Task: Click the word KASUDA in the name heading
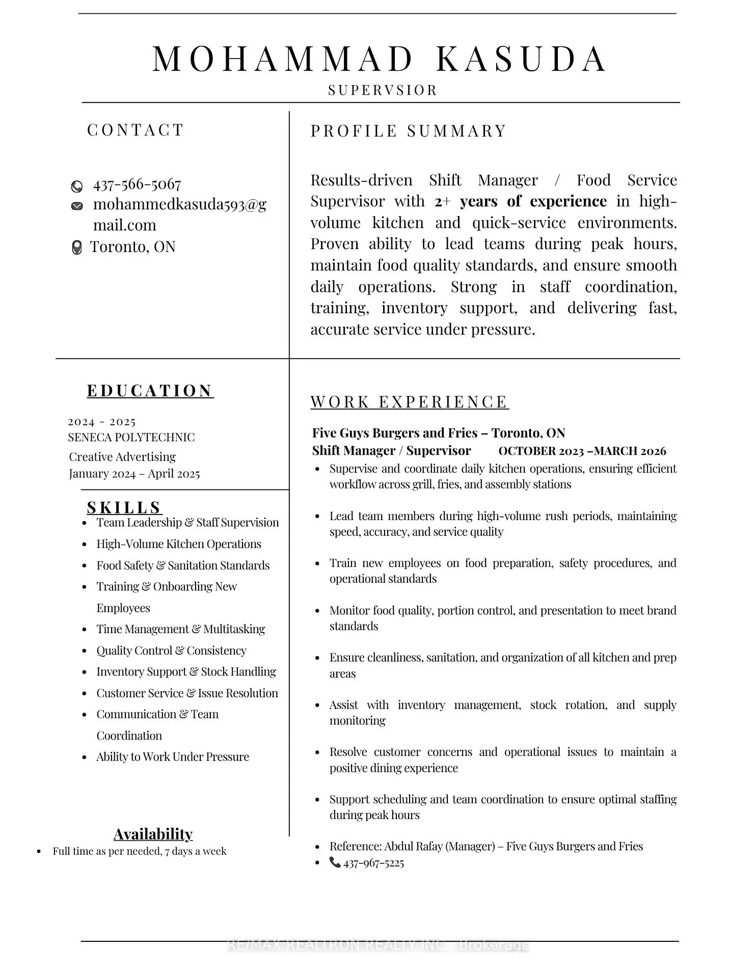pos(521,59)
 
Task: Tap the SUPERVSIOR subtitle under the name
pos(383,91)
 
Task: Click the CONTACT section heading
pos(135,130)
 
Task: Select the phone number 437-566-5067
pos(137,184)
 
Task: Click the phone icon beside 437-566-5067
pos(77,186)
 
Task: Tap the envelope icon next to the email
pos(77,206)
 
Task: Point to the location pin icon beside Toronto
pos(77,248)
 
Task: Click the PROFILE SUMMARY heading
pos(409,131)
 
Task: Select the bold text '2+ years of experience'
pos(520,201)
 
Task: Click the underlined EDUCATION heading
pos(150,391)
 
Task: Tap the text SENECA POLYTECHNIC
pos(131,437)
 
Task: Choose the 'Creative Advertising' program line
pos(122,456)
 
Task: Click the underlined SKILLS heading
pos(124,507)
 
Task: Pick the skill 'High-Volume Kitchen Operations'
pos(179,544)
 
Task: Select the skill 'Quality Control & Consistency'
pos(171,650)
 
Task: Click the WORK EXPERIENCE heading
pos(410,402)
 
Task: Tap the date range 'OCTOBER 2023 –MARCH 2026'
pos(582,451)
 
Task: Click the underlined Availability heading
pos(153,834)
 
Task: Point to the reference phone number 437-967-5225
pos(373,863)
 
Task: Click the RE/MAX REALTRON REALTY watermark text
pos(377,945)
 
